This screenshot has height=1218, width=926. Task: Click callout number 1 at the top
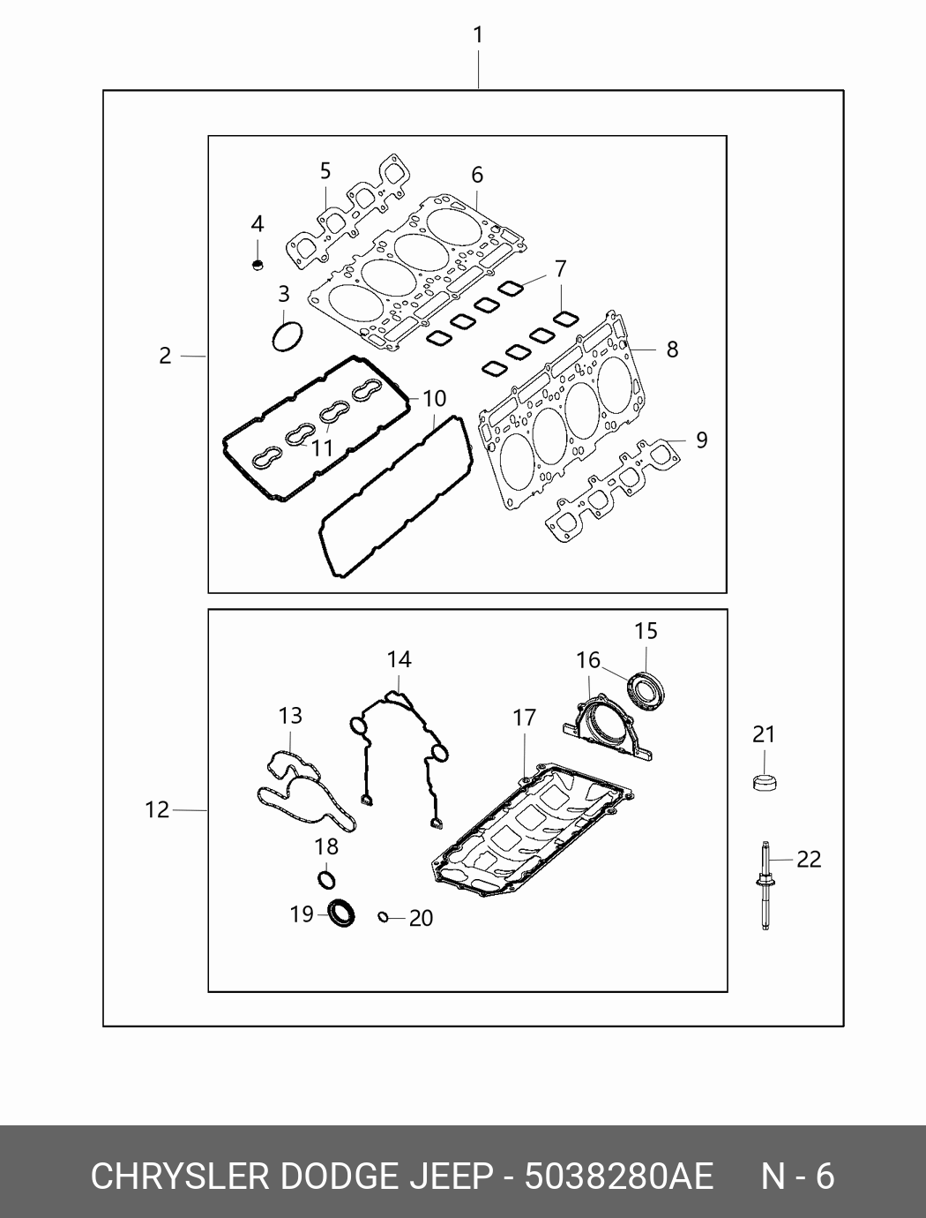point(477,36)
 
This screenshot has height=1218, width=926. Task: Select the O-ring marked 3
point(287,336)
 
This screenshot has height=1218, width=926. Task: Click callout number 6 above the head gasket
point(477,175)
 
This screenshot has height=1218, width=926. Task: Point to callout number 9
point(702,439)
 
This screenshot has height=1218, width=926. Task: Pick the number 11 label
point(322,448)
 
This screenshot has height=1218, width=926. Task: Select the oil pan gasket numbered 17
point(529,830)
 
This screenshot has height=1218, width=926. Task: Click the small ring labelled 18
point(326,879)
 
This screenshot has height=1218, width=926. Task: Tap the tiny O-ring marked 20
point(384,917)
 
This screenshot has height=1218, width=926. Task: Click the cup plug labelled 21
point(764,782)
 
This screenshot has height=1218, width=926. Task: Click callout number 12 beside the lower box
point(157,808)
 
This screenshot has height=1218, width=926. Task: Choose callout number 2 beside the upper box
point(166,356)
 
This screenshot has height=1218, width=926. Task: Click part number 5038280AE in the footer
point(618,1177)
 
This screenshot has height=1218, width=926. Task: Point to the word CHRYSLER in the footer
point(180,1177)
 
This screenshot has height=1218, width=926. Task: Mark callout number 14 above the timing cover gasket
point(399,659)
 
